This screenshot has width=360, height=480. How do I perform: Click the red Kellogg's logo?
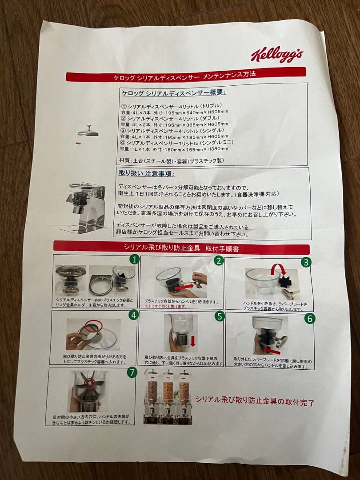point(276,55)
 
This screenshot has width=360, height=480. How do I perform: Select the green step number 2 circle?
point(218,260)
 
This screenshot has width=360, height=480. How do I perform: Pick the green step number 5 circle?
point(220,316)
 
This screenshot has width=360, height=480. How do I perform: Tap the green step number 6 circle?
point(310,318)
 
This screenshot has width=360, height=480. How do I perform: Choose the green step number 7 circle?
point(132,372)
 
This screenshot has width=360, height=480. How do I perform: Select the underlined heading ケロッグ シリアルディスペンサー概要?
point(174,92)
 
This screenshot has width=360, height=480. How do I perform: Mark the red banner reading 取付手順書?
point(181,248)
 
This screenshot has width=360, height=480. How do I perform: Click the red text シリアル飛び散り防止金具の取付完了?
point(255,402)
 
